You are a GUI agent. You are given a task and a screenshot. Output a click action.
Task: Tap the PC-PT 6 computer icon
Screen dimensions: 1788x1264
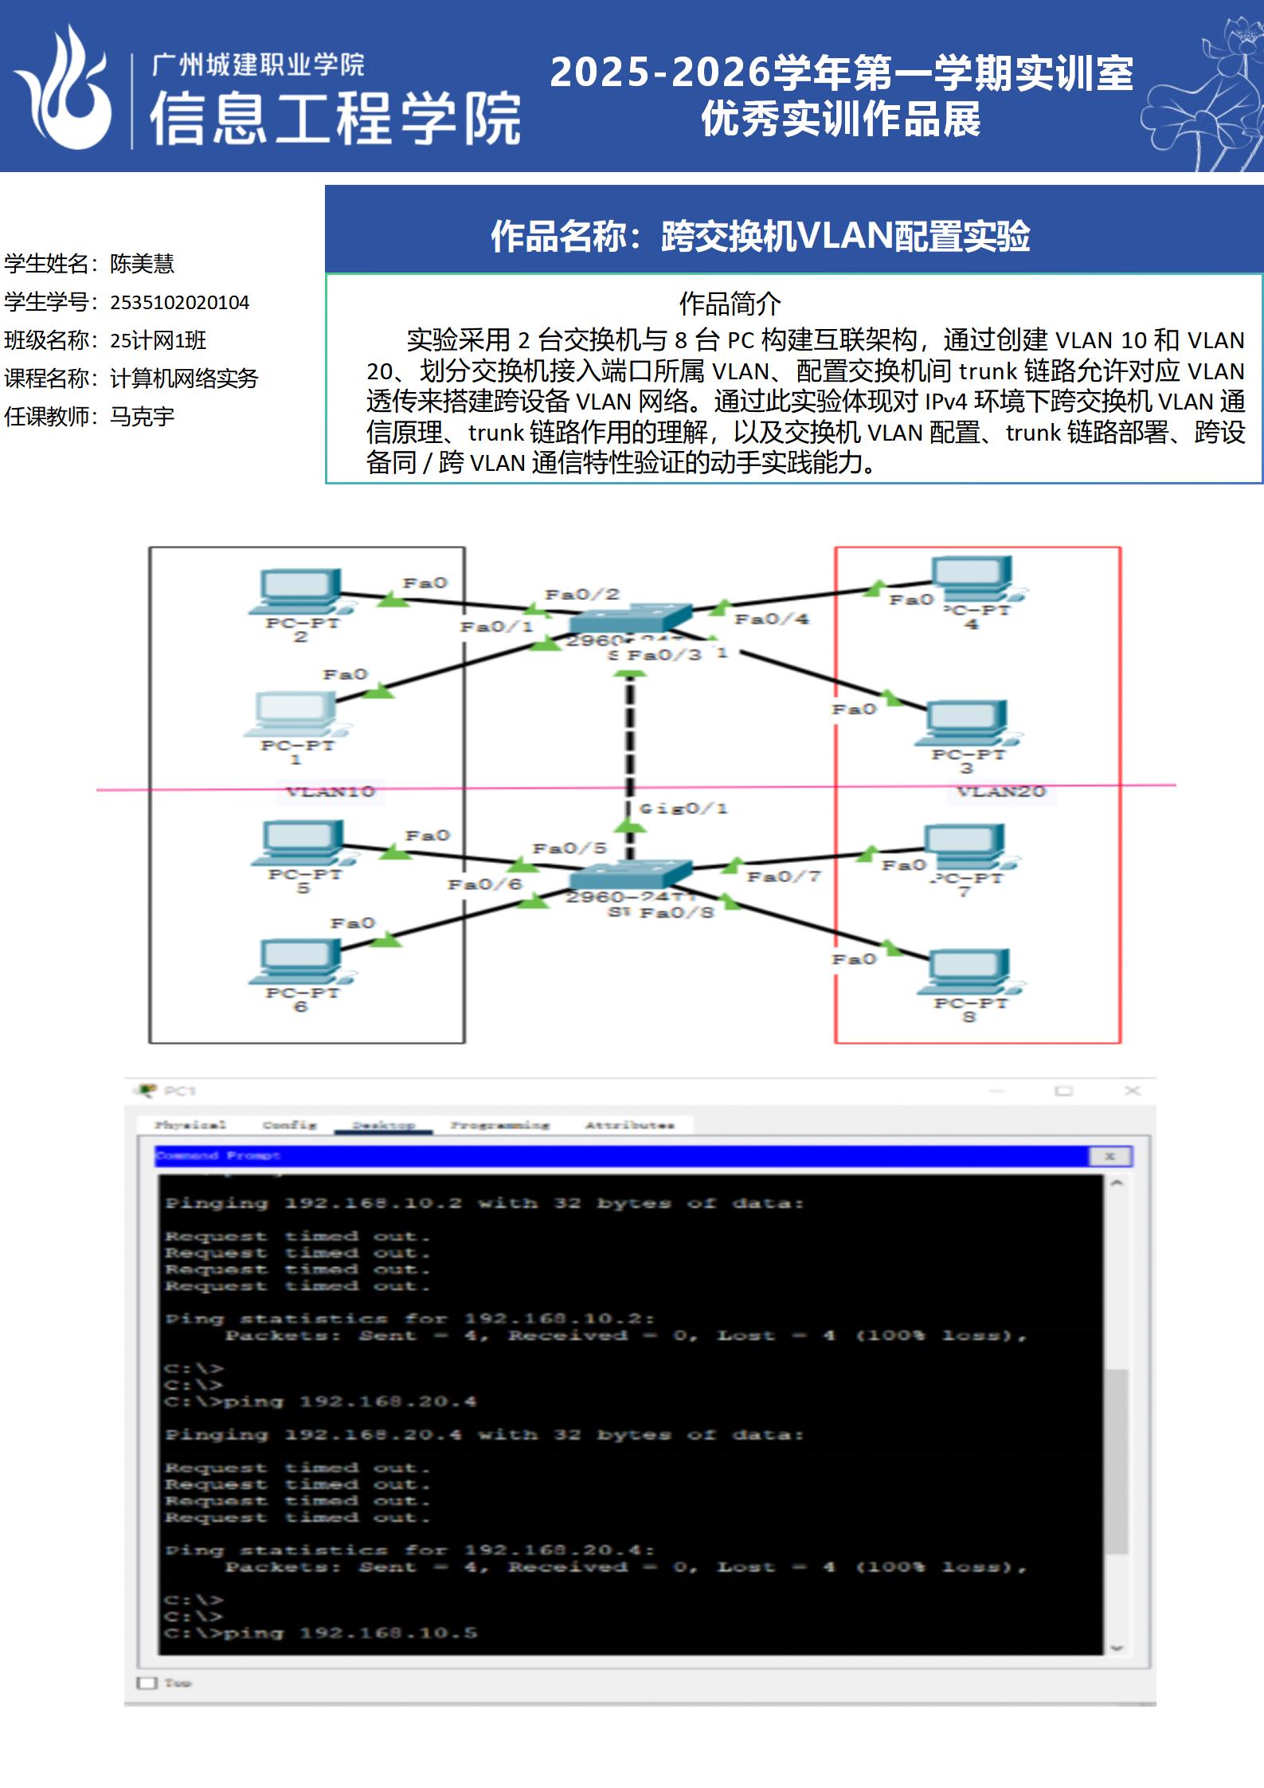tap(298, 961)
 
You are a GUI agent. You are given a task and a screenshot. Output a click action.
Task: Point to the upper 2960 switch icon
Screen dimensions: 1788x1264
tap(629, 620)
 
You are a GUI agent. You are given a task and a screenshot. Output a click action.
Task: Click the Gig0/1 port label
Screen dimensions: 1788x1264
tap(683, 809)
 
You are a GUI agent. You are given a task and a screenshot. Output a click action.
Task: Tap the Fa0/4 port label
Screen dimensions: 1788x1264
tap(771, 619)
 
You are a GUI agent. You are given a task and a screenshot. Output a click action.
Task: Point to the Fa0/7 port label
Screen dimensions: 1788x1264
tap(783, 876)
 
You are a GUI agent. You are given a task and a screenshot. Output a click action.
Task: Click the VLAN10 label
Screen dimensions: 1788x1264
tap(331, 791)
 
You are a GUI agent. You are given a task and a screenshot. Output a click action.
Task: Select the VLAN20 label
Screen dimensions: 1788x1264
tap(1001, 791)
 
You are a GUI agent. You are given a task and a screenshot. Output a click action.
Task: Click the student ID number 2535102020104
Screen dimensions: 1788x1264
tap(180, 303)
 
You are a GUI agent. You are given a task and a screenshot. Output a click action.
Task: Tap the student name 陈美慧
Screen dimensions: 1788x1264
tap(142, 264)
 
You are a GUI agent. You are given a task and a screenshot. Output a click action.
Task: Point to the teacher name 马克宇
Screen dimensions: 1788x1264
tap(142, 417)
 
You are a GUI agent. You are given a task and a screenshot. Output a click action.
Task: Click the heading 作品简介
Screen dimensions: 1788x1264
tap(730, 304)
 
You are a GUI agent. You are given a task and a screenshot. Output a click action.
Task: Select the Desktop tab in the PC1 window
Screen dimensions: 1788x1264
tap(384, 1125)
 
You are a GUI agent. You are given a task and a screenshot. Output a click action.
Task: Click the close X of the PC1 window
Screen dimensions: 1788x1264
tap(1132, 1091)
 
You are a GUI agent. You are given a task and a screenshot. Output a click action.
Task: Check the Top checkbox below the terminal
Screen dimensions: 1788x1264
tap(147, 1683)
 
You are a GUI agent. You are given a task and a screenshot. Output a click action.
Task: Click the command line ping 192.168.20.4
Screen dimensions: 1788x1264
tap(320, 1402)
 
